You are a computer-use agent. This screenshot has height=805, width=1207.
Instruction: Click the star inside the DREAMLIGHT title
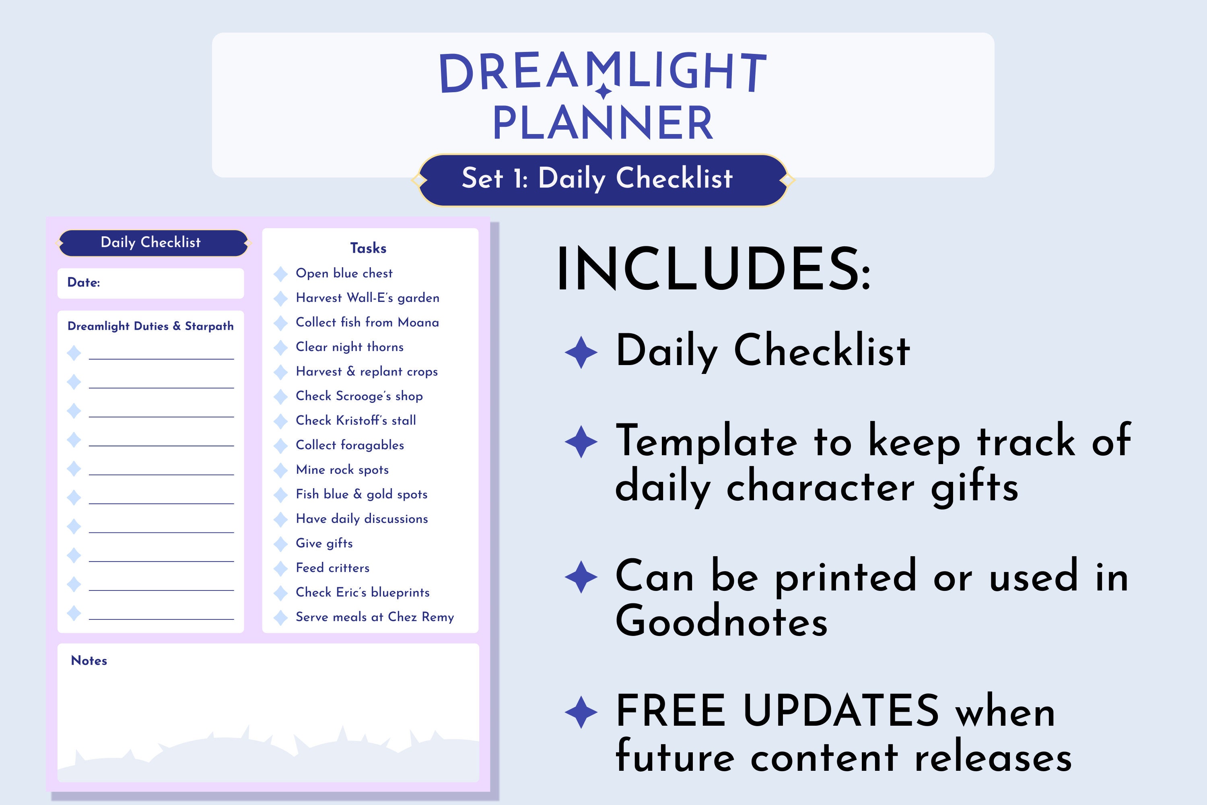pos(604,91)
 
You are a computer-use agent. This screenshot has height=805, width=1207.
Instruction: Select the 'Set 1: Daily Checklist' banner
pos(603,180)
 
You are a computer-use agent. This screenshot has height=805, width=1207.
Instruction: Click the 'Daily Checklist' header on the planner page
pos(151,242)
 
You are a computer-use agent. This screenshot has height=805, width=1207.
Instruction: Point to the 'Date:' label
pos(84,283)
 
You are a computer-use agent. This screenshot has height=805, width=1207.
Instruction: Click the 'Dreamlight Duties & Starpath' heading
pos(150,326)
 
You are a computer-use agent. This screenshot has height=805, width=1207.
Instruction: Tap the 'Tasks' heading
pos(368,248)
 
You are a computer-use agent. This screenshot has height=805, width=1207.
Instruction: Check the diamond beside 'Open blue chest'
pos(281,274)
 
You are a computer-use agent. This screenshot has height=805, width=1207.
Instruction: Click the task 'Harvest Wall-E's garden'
pos(367,298)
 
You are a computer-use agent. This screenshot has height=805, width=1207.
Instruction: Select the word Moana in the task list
pos(418,322)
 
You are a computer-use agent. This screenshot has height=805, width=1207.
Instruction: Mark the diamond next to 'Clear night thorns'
pos(281,348)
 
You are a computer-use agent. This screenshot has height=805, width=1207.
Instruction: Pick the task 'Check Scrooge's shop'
pos(359,396)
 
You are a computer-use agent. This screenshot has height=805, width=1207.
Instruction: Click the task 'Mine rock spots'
pos(342,470)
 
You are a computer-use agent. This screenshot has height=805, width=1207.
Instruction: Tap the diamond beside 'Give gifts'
pos(281,544)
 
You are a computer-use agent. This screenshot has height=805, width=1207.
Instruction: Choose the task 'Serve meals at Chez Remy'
pos(375,617)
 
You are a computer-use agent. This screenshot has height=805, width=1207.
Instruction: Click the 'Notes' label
pos(89,661)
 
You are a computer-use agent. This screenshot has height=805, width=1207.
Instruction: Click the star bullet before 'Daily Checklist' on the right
pos(581,352)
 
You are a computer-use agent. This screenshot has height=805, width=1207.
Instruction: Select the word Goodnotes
pos(721,621)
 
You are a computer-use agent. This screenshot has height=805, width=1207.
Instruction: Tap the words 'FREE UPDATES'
pos(777,711)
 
